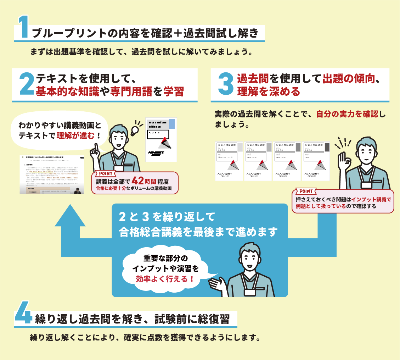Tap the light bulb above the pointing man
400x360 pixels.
(x=136, y=129)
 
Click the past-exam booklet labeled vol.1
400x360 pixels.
(x=229, y=161)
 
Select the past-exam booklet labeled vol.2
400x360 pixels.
(x=258, y=161)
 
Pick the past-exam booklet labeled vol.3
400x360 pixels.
(x=287, y=161)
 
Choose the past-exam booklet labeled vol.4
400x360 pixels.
(x=316, y=161)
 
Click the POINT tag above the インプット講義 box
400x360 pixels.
(x=304, y=191)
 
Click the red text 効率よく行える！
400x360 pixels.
(x=165, y=279)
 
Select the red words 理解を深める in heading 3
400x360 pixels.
(x=268, y=92)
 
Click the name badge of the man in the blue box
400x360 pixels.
(x=250, y=292)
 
